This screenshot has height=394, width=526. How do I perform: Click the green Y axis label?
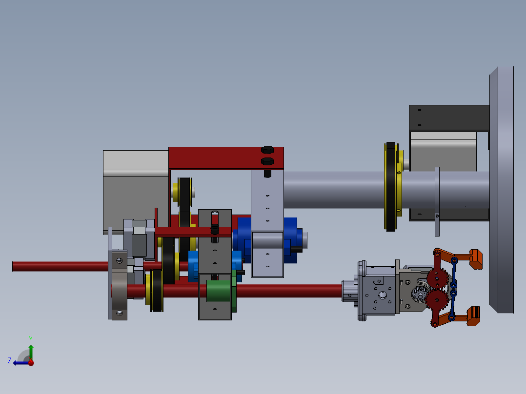point(31,338)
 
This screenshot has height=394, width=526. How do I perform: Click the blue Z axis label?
point(10,360)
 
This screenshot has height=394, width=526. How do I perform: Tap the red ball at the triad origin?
point(31,362)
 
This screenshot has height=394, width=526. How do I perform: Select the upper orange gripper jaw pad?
point(476,258)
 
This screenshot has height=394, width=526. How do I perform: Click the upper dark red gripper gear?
point(437,278)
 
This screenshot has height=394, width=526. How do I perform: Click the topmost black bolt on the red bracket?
point(267,150)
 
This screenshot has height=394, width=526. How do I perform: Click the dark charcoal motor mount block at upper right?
point(448,117)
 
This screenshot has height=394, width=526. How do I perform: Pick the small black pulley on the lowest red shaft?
point(157,291)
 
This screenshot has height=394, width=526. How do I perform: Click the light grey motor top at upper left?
point(135,159)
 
